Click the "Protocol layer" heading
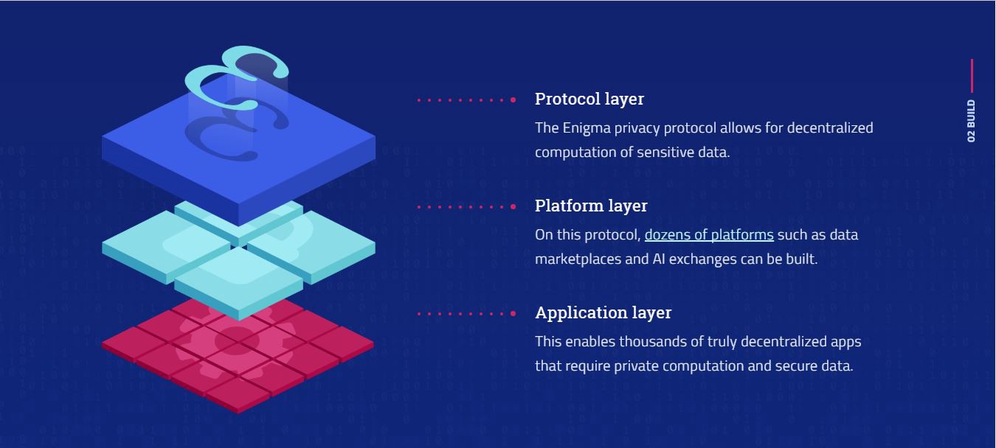click(589, 99)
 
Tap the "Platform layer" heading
click(590, 206)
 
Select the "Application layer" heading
click(603, 312)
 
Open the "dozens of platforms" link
click(709, 234)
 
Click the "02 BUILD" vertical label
click(971, 121)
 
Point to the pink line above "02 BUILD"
click(972, 76)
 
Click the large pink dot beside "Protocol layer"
click(513, 99)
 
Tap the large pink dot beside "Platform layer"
click(513, 206)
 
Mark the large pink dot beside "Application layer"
click(513, 313)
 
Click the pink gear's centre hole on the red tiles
click(237, 340)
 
